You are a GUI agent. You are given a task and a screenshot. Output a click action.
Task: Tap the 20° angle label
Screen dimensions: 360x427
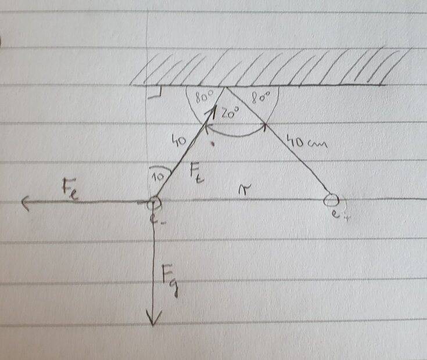[x=231, y=114]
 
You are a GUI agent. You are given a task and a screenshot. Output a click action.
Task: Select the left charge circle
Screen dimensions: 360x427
[x=153, y=203]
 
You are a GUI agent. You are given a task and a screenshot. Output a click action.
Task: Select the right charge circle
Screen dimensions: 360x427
[x=331, y=200]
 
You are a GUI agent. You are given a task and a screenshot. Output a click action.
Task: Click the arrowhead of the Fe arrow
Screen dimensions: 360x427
[x=24, y=203]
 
